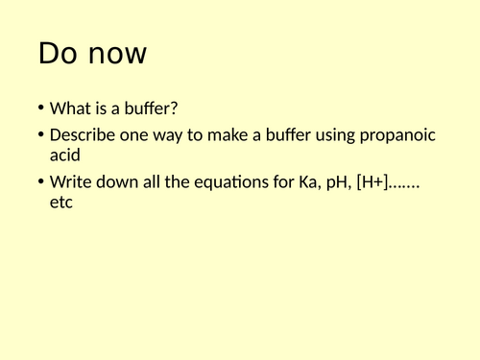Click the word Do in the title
pos(57,55)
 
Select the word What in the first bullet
pos(70,108)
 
